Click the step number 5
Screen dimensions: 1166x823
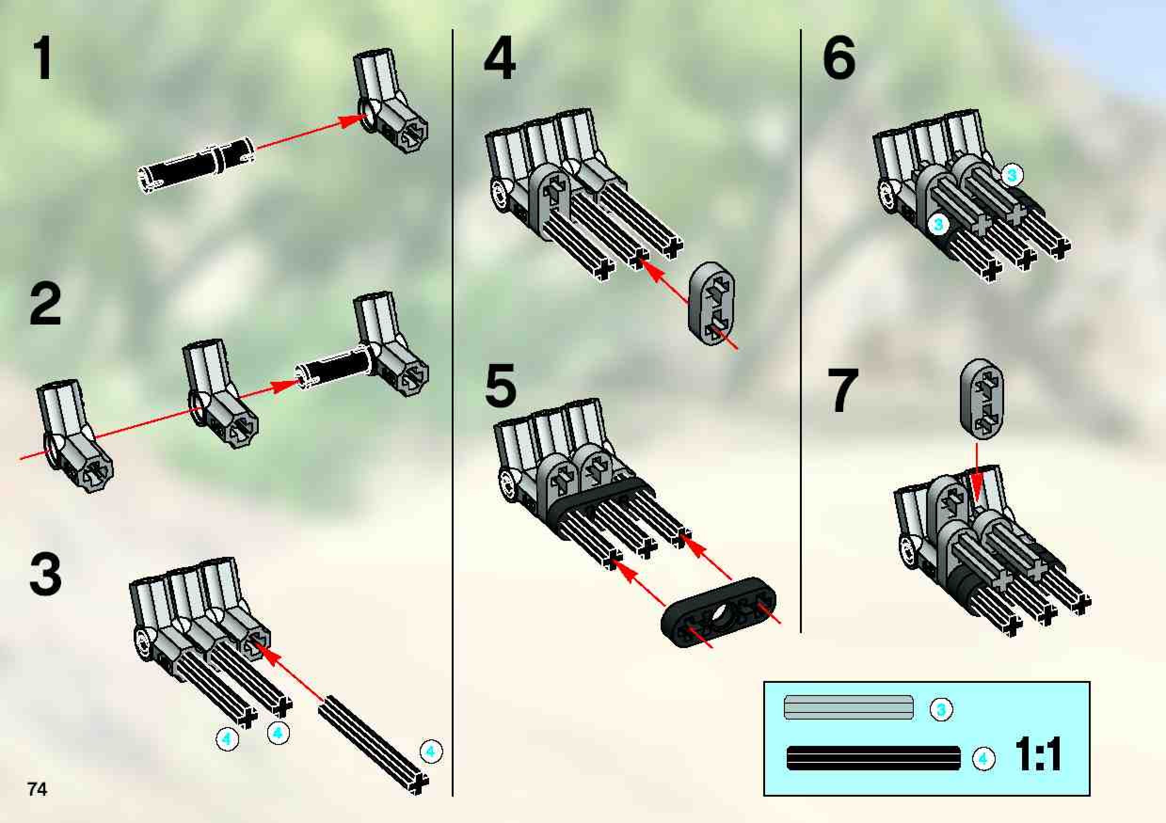point(501,385)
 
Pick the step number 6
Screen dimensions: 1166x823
point(839,57)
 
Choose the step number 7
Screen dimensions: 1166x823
point(843,389)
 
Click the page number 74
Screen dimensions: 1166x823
point(38,789)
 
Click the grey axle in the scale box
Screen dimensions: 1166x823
point(848,708)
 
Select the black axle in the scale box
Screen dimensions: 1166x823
point(873,759)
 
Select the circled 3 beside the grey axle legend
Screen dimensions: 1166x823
point(941,709)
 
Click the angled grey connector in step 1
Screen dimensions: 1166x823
point(389,102)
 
